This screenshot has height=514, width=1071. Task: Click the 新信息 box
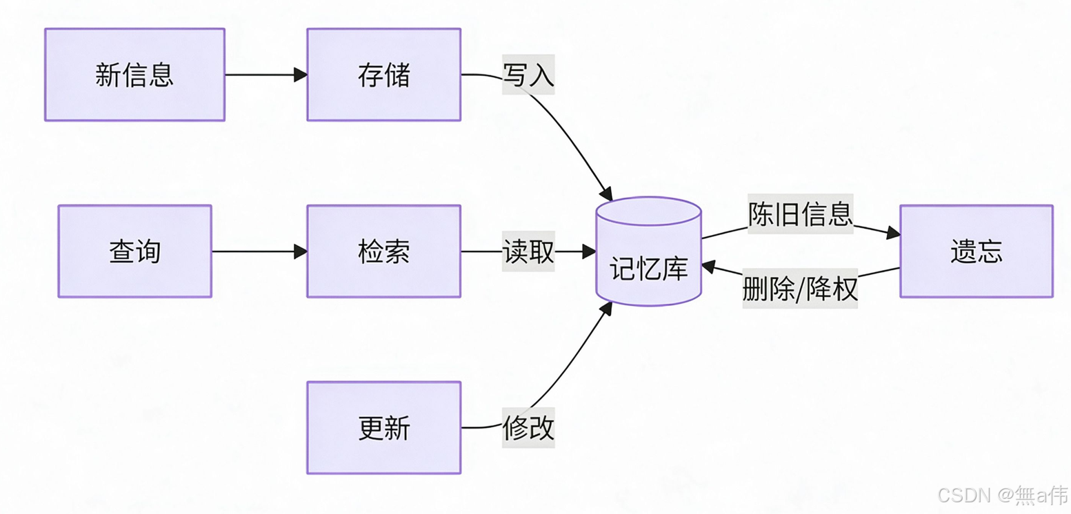tap(135, 74)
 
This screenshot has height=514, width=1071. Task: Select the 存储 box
tap(384, 74)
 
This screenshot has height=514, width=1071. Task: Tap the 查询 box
tap(135, 251)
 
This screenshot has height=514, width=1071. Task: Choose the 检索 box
tap(384, 251)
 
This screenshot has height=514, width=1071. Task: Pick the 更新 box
tap(384, 428)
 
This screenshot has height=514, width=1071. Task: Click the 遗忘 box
tap(977, 251)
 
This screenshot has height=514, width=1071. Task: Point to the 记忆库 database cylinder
tap(649, 251)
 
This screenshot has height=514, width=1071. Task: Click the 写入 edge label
tap(528, 74)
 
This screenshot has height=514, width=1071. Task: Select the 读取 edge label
tap(528, 251)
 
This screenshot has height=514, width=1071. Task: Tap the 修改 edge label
tap(528, 428)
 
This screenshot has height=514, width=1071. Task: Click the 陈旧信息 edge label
tap(801, 214)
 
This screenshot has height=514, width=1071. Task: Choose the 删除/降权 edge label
tap(800, 288)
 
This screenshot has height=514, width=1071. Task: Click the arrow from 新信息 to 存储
tap(266, 74)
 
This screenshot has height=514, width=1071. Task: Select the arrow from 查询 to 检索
tap(259, 251)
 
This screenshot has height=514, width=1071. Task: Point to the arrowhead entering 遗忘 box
tap(893, 233)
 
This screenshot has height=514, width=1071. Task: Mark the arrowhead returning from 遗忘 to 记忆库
tap(708, 267)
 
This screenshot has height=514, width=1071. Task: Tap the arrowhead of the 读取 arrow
tap(588, 251)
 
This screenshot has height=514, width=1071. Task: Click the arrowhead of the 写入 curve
tap(606, 194)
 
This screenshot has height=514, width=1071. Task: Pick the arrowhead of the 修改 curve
tap(606, 309)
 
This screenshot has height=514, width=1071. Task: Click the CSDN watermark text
tap(1003, 495)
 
